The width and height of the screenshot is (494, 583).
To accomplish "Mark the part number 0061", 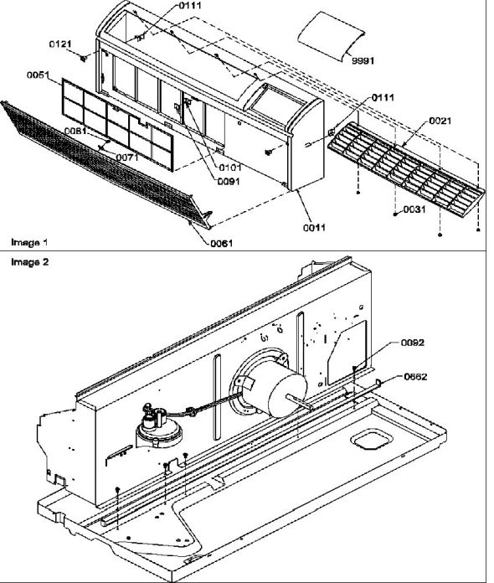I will click(x=222, y=244).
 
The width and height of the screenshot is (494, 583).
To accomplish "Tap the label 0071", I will click(x=126, y=157).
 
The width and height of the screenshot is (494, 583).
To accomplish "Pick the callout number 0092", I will click(x=413, y=342).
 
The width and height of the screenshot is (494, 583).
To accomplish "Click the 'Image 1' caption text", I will click(x=26, y=241).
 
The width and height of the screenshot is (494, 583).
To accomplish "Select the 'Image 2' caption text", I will click(x=26, y=261).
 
